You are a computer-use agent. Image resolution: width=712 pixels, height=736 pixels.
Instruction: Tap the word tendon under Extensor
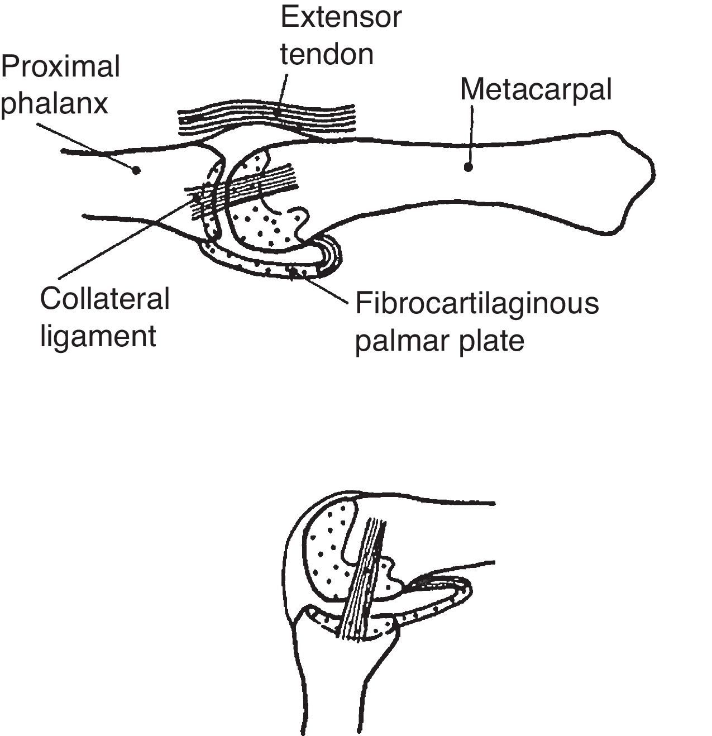[327, 54]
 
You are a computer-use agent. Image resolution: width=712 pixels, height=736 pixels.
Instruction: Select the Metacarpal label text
[536, 89]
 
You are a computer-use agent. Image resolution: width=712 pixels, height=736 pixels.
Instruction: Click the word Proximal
[60, 66]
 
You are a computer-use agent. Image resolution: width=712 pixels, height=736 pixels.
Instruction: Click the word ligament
[98, 336]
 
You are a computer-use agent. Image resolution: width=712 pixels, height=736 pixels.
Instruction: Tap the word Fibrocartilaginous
[477, 304]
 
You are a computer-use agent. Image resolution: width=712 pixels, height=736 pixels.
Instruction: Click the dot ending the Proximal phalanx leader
[135, 170]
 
